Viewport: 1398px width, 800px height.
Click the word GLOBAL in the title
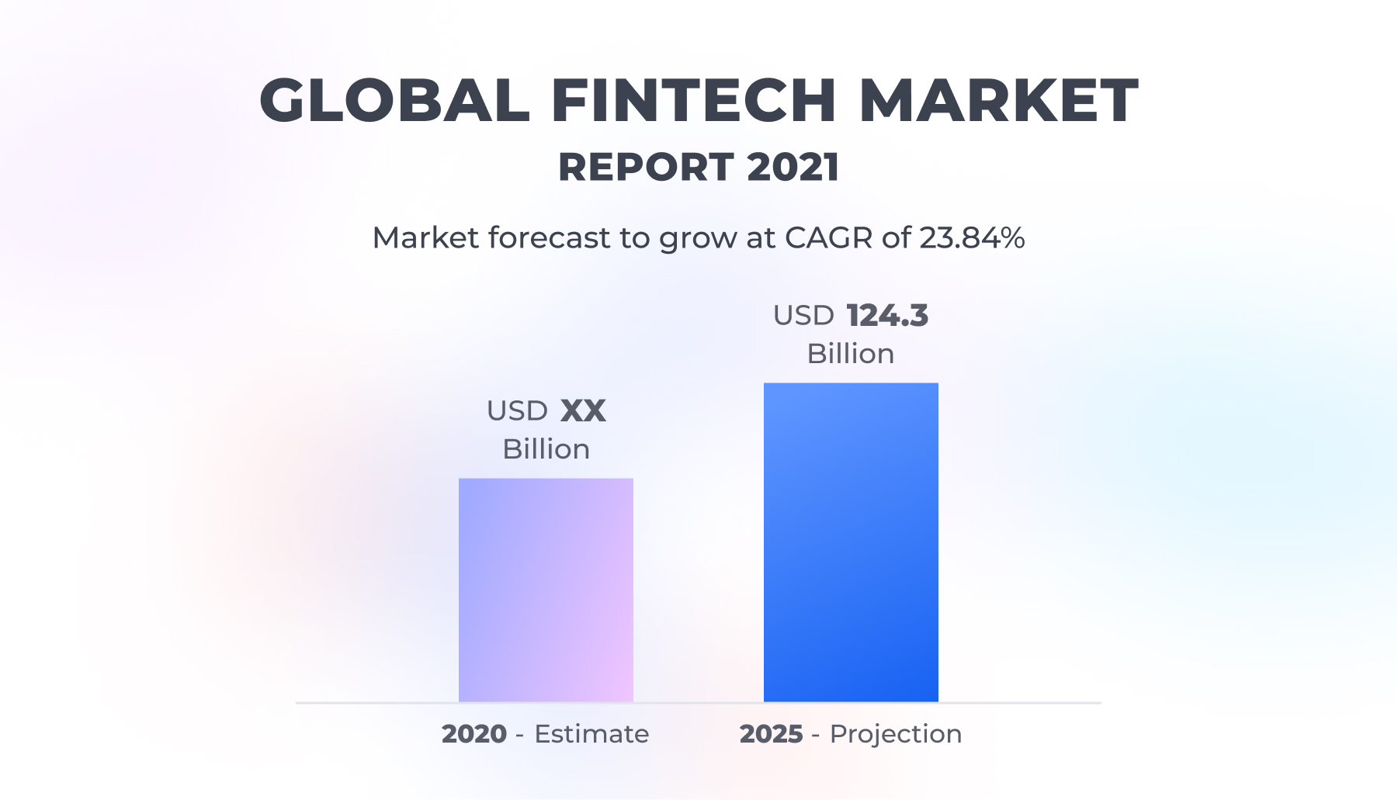pos(395,101)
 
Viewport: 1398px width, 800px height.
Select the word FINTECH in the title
pos(695,101)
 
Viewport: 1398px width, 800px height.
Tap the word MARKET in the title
pos(999,101)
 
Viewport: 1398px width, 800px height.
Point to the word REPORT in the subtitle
pos(646,167)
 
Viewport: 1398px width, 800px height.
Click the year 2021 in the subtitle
pos(793,167)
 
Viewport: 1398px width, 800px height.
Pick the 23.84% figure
pos(972,237)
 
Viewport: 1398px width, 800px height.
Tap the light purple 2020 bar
pos(546,590)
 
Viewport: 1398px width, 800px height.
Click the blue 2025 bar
pos(851,542)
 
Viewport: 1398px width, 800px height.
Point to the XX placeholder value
pos(583,411)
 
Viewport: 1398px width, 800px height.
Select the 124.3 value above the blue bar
pos(887,316)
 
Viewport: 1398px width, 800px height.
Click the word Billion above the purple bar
pos(546,449)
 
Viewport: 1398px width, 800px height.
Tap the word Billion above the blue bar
pos(851,354)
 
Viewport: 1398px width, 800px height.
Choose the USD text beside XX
pos(517,411)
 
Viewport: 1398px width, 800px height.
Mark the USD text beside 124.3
pos(803,316)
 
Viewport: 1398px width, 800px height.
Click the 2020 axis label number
pos(474,734)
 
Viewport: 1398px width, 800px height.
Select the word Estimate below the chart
pos(591,734)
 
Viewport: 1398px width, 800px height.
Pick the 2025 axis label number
pos(771,734)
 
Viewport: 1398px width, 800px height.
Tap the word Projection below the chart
pos(896,735)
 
